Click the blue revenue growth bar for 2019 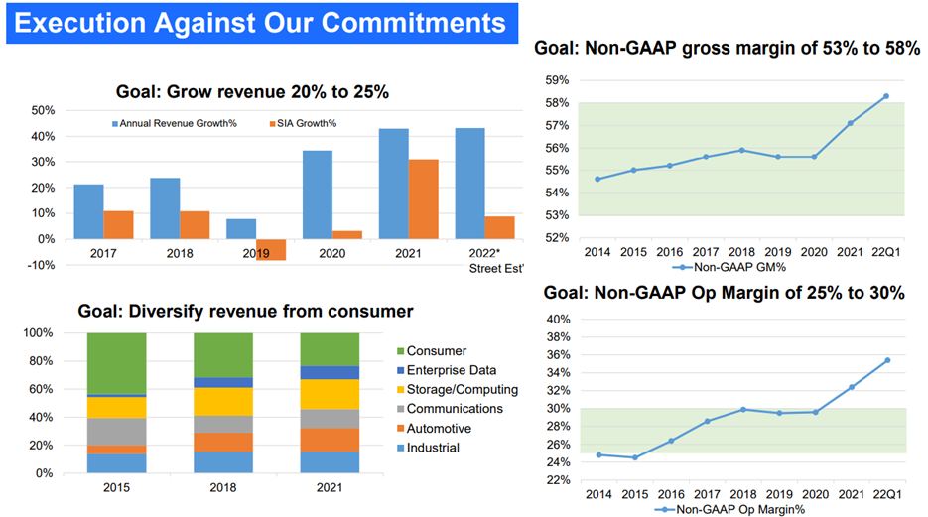pyautogui.click(x=241, y=229)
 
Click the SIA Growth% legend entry pyautogui.click(x=304, y=124)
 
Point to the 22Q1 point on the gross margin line pyautogui.click(x=886, y=96)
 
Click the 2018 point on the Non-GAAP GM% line pyautogui.click(x=741, y=150)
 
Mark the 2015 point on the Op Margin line pyautogui.click(x=633, y=457)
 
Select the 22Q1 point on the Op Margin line pyautogui.click(x=886, y=360)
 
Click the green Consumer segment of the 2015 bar pyautogui.click(x=116, y=363)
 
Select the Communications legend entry pyautogui.click(x=454, y=409)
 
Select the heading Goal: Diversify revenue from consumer pyautogui.click(x=245, y=311)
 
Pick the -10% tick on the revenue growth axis pyautogui.click(x=41, y=265)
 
